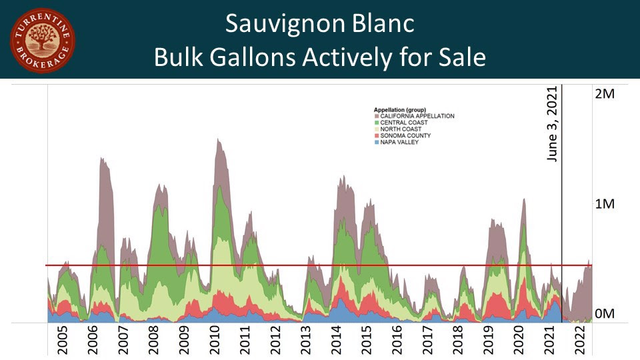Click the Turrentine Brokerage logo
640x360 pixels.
click(42, 40)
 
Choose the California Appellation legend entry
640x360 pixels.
click(417, 116)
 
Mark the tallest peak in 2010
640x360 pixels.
click(218, 139)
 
